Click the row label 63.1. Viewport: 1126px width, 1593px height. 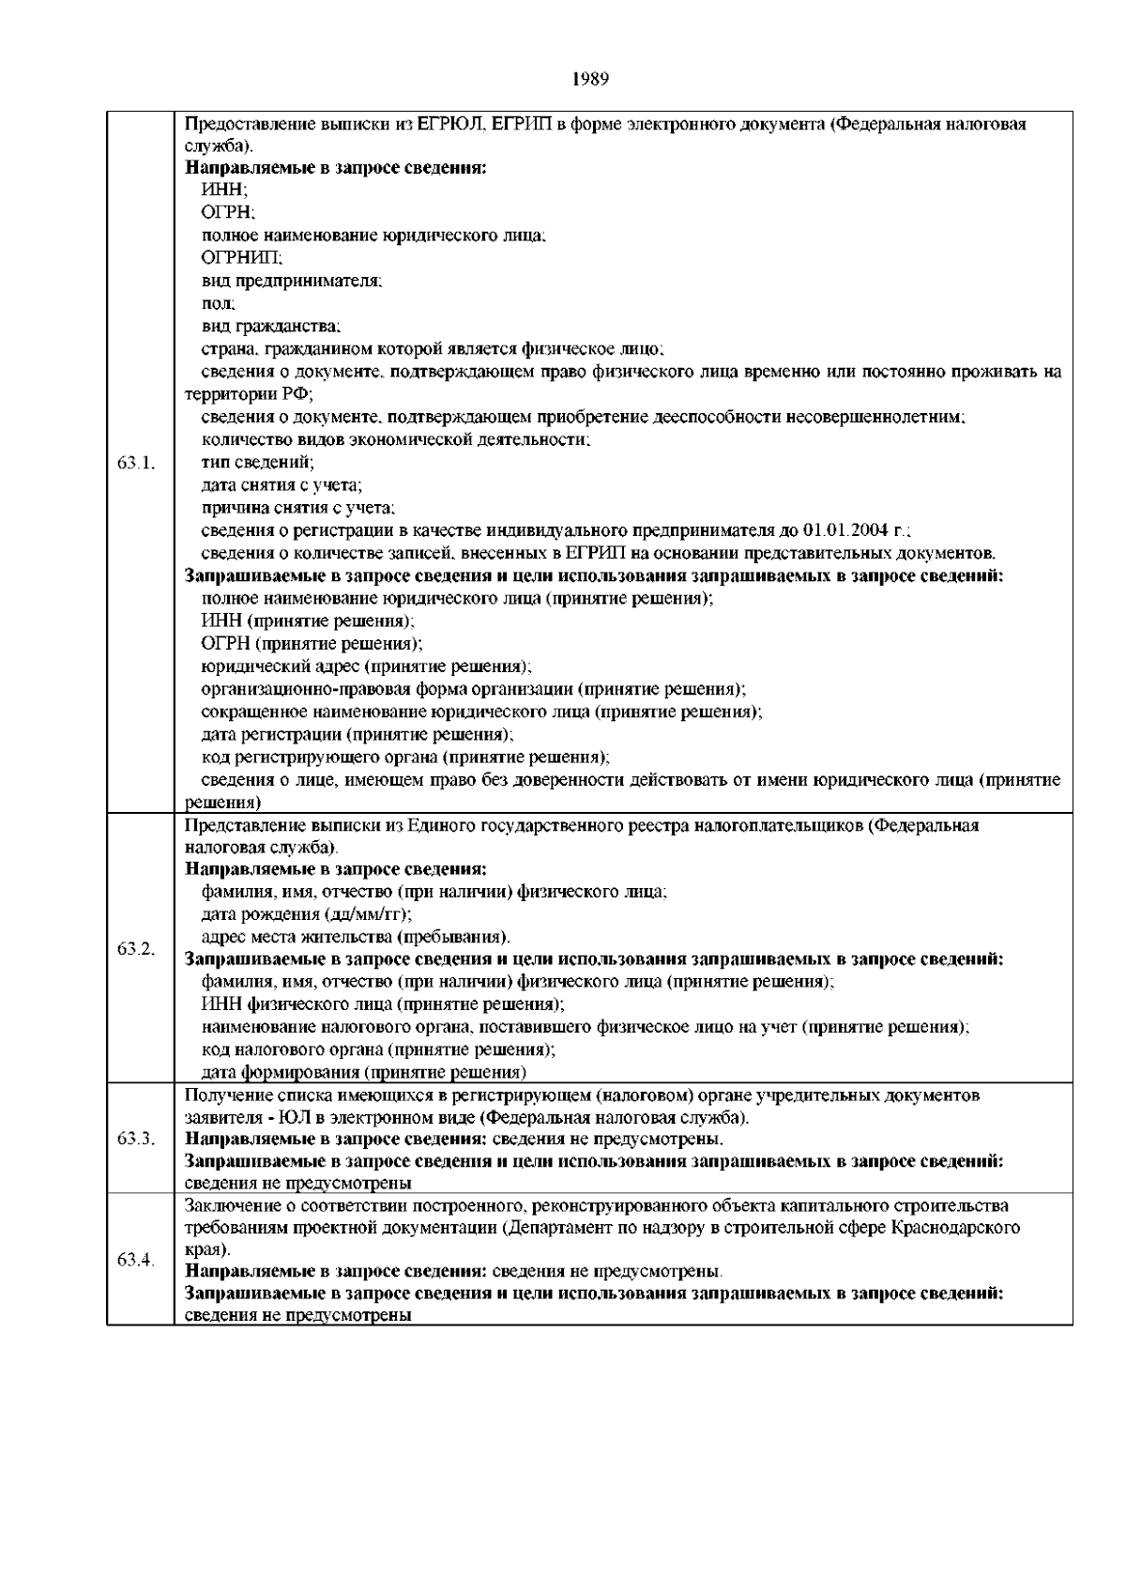(136, 463)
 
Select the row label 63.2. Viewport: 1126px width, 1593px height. (136, 948)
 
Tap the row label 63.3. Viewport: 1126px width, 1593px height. (136, 1139)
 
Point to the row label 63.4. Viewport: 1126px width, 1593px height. (136, 1259)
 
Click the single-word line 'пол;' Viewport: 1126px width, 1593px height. (219, 303)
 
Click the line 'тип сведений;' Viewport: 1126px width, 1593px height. (258, 462)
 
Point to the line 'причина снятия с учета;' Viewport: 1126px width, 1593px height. (298, 508)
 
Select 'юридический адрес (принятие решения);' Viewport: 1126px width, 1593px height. (366, 666)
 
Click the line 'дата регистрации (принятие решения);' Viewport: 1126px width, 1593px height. (358, 734)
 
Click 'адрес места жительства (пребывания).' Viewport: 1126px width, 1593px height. (357, 937)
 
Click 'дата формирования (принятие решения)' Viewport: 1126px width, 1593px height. (364, 1072)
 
